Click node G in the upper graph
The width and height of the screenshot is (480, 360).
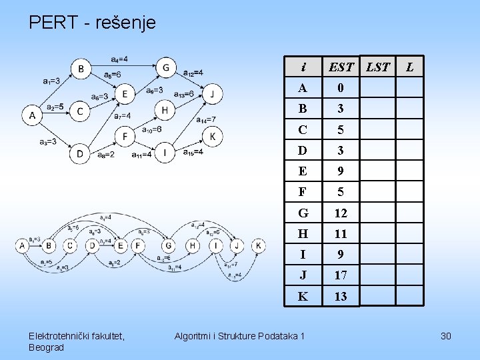point(165,67)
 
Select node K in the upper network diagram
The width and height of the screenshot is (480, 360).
point(213,137)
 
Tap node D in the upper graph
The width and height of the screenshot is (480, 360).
point(80,154)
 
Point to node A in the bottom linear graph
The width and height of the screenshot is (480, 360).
point(23,246)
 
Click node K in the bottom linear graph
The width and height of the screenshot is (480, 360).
point(258,246)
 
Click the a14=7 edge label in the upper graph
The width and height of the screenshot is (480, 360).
point(207,120)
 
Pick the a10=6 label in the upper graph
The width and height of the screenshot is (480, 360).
point(153,129)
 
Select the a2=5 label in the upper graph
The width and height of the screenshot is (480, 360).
point(55,107)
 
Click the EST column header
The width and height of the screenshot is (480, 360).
point(341,67)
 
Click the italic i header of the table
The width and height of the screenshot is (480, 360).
point(303,67)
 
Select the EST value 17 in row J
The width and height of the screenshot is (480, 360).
point(341,275)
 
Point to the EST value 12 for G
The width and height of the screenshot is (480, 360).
point(341,213)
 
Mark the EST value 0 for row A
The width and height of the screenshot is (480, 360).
point(341,88)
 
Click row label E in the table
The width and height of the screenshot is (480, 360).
point(303,171)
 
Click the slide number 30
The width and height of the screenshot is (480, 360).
point(446,336)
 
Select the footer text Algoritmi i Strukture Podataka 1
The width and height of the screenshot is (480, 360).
point(238,336)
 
